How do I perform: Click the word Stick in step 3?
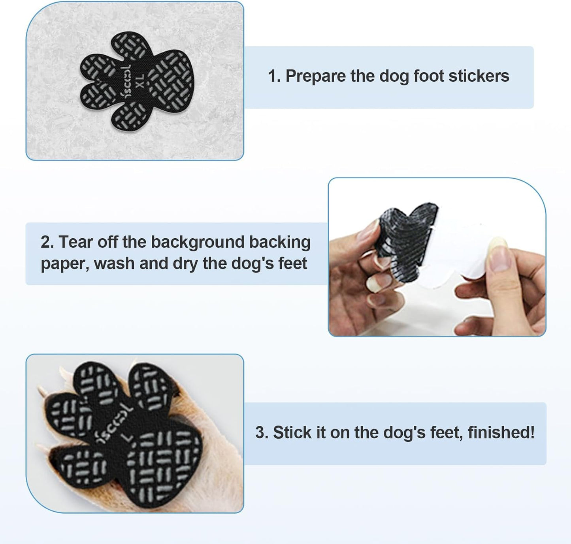click(291, 433)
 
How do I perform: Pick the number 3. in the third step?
click(262, 433)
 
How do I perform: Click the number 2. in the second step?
click(47, 242)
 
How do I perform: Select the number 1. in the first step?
click(274, 76)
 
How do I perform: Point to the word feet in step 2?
click(292, 263)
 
